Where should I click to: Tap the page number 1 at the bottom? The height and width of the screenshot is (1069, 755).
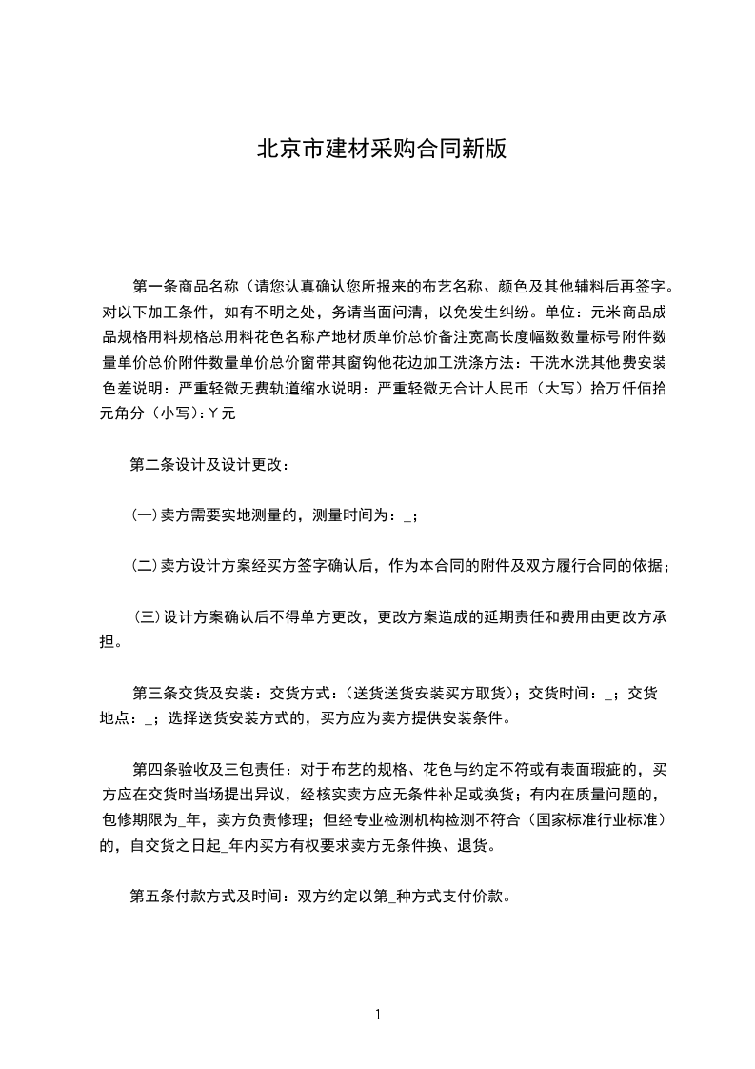tap(378, 1015)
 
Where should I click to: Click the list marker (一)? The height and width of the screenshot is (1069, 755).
tap(144, 515)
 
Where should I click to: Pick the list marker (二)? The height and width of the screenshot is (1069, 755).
tap(144, 565)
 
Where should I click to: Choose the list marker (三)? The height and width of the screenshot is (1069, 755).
tap(148, 615)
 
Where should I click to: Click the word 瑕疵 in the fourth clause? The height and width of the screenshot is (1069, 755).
tap(610, 769)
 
